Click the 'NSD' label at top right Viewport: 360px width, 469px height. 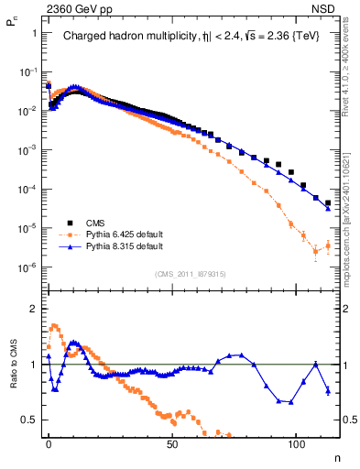(327, 8)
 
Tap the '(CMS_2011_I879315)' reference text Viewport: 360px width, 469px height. (191, 274)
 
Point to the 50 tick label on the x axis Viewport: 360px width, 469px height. (172, 451)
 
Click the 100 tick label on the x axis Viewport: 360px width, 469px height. (296, 451)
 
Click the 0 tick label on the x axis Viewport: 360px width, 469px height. (49, 451)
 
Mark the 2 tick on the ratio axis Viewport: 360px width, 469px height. (34, 309)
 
